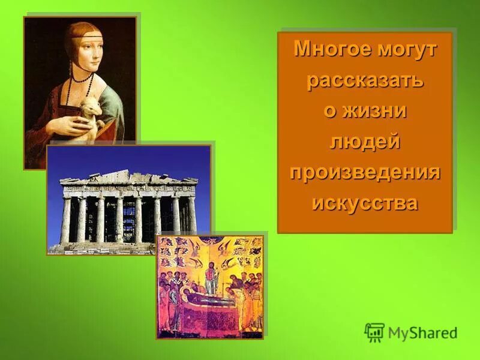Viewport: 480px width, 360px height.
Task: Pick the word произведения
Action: click(x=365, y=172)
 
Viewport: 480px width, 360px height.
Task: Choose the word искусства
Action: click(x=365, y=203)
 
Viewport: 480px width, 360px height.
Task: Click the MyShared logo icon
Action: click(x=374, y=332)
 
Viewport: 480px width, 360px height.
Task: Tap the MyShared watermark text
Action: click(x=422, y=333)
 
